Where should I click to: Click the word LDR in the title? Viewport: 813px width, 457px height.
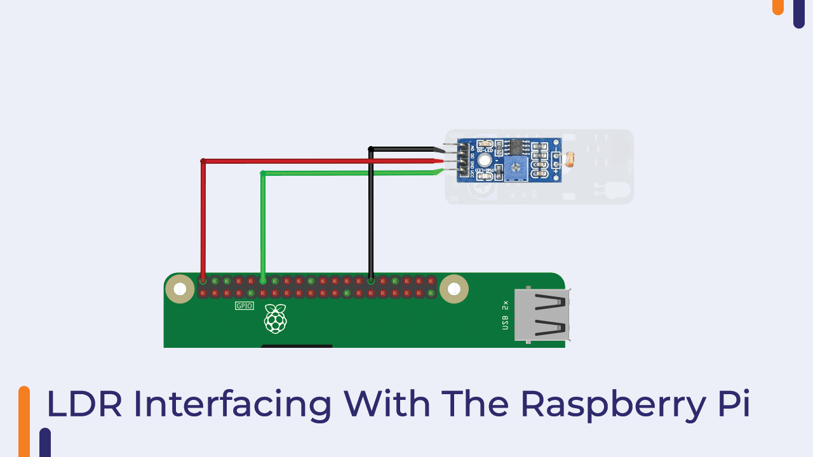click(84, 404)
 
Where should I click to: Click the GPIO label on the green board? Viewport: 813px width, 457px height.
click(245, 306)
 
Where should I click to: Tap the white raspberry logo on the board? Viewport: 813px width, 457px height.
click(275, 319)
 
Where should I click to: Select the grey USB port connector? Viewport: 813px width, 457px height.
click(542, 315)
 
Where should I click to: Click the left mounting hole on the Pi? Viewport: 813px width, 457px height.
click(180, 289)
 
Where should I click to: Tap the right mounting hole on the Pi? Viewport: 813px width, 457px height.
click(454, 289)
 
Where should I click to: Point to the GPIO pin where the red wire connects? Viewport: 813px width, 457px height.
click(203, 281)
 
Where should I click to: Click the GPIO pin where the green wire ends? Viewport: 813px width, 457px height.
click(263, 281)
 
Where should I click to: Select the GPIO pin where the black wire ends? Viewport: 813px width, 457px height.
click(371, 281)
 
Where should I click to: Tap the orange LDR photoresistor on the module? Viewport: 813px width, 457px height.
click(570, 159)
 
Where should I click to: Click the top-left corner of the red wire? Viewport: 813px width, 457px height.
click(203, 161)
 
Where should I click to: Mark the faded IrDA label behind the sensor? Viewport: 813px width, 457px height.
click(630, 166)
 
